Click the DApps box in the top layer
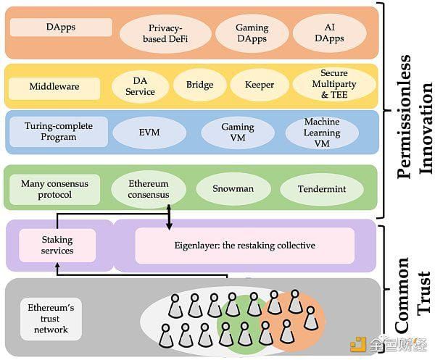(x=61, y=28)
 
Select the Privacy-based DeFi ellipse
(x=165, y=33)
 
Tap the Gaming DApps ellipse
(x=252, y=33)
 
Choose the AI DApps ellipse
(x=330, y=33)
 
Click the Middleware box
(x=54, y=88)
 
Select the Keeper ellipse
(x=258, y=85)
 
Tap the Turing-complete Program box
(x=59, y=133)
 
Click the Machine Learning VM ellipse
(x=321, y=133)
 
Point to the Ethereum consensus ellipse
(x=149, y=189)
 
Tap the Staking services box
(x=57, y=246)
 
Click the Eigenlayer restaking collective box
(x=245, y=246)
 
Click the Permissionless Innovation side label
(x=413, y=112)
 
